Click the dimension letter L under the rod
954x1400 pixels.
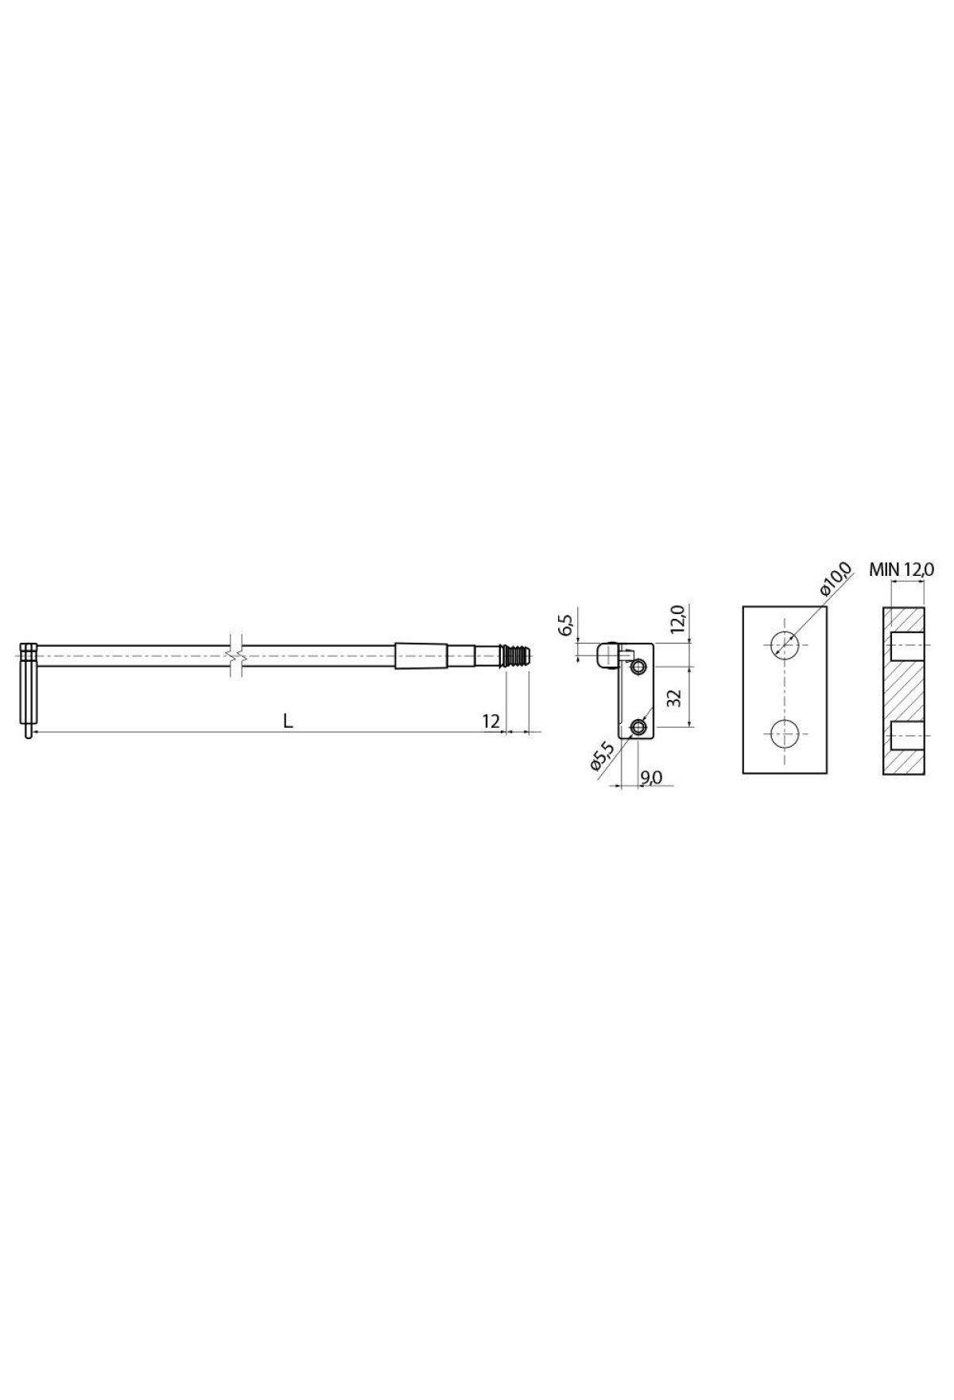pyautogui.click(x=289, y=721)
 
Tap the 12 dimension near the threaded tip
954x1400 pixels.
pyautogui.click(x=491, y=721)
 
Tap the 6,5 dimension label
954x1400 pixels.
pyautogui.click(x=566, y=624)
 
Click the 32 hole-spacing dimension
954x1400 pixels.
pyautogui.click(x=675, y=698)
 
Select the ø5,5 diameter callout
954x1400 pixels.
pyautogui.click(x=601, y=756)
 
